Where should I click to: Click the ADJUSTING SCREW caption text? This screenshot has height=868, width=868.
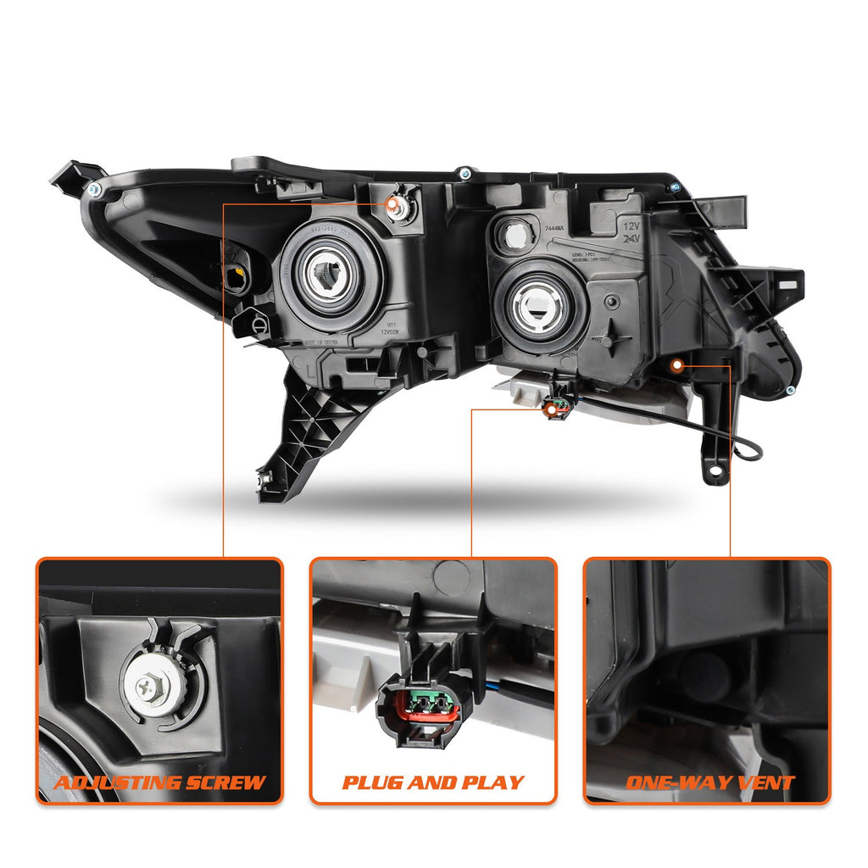(x=159, y=782)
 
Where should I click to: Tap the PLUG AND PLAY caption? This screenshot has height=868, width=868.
(x=433, y=782)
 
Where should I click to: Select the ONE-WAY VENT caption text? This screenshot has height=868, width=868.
(x=709, y=782)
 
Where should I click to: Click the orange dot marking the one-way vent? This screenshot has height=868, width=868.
(x=676, y=365)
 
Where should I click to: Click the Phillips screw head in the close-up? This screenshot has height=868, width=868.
(x=153, y=686)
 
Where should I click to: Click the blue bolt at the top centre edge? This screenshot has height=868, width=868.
(x=465, y=174)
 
